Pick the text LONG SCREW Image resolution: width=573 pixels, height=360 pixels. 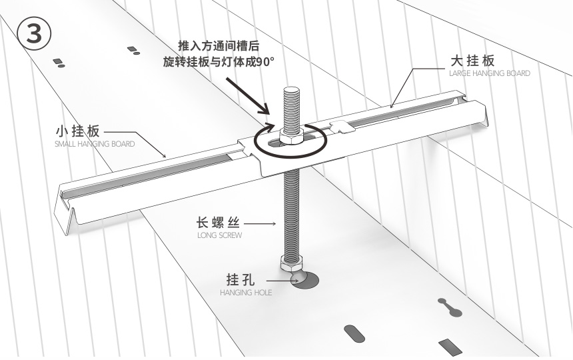click(220, 235)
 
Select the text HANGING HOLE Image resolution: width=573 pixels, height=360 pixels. click(246, 292)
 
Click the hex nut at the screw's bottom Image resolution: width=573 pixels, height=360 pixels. click(291, 260)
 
